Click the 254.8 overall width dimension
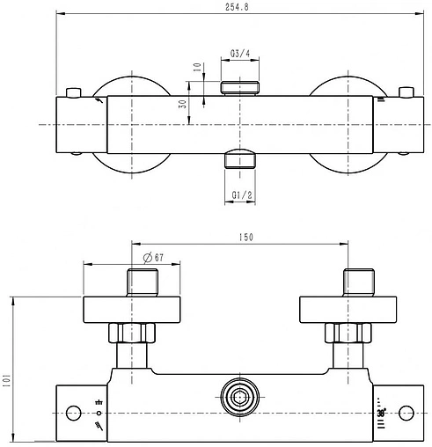[237, 7]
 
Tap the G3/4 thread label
[240, 54]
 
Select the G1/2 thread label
[242, 195]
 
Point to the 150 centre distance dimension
[245, 237]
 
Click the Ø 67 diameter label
[153, 258]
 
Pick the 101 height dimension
[6, 380]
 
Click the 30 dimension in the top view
[183, 104]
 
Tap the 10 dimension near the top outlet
[198, 67]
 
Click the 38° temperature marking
[382, 413]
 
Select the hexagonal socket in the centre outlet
[240, 398]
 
